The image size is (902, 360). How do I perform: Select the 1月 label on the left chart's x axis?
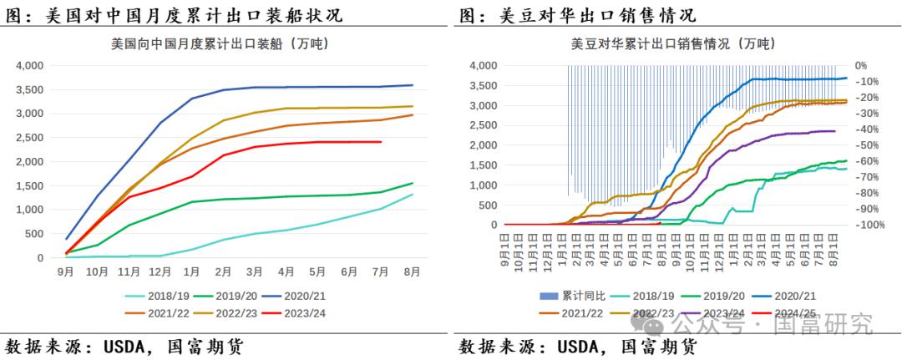(x=191, y=271)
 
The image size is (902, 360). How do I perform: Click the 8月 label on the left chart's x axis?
(x=412, y=271)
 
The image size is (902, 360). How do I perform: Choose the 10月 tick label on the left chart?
(x=98, y=271)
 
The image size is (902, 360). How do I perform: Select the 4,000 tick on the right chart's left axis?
(x=484, y=65)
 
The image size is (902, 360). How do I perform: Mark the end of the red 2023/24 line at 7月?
(x=381, y=142)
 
